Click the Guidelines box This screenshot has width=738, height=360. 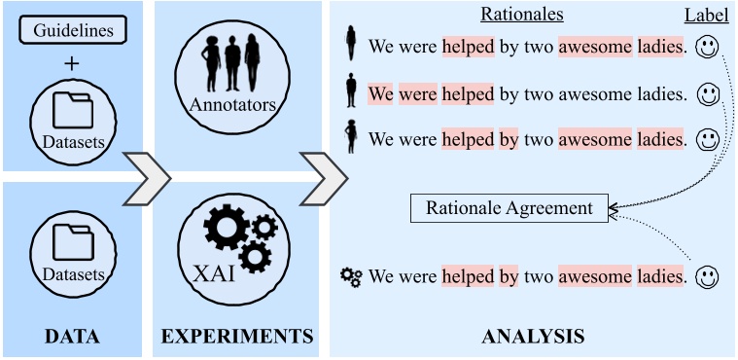tap(74, 29)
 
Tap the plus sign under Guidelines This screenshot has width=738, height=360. tap(74, 64)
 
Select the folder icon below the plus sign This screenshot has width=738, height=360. tap(74, 110)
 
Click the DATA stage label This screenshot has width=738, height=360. tap(73, 337)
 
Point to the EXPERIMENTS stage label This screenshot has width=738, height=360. tap(237, 337)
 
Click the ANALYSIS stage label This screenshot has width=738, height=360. tap(533, 337)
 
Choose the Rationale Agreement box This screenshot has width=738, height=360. tap(509, 207)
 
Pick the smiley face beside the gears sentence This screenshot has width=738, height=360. tap(709, 277)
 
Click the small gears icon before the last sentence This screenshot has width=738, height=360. tap(351, 277)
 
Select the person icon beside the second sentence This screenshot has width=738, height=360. tap(352, 92)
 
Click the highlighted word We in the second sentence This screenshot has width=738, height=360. tap(380, 94)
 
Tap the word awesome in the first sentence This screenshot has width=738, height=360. tap(594, 46)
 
